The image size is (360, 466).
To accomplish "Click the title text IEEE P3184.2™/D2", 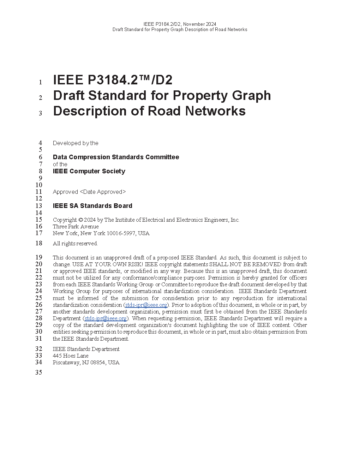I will [x=113, y=80].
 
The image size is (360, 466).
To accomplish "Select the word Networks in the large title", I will [x=215, y=111].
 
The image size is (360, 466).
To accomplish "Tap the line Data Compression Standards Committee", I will [x=116, y=157].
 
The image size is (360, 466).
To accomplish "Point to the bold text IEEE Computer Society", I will [x=89, y=171].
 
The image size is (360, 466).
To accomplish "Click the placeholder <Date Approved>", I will [x=103, y=192].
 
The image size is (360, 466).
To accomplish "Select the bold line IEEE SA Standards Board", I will [x=92, y=206].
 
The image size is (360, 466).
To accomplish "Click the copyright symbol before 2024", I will [x=80, y=220].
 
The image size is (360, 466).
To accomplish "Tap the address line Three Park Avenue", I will [x=76, y=227].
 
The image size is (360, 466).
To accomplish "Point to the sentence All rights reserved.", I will [x=75, y=244].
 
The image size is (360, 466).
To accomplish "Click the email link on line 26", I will [x=146, y=305].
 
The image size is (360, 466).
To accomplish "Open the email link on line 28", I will [x=106, y=318].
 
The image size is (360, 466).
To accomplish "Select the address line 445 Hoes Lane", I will [x=71, y=356].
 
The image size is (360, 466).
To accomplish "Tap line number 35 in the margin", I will [x=39, y=372].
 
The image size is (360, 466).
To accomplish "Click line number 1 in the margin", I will [x=41, y=82].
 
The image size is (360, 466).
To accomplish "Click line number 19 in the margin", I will [x=39, y=257].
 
